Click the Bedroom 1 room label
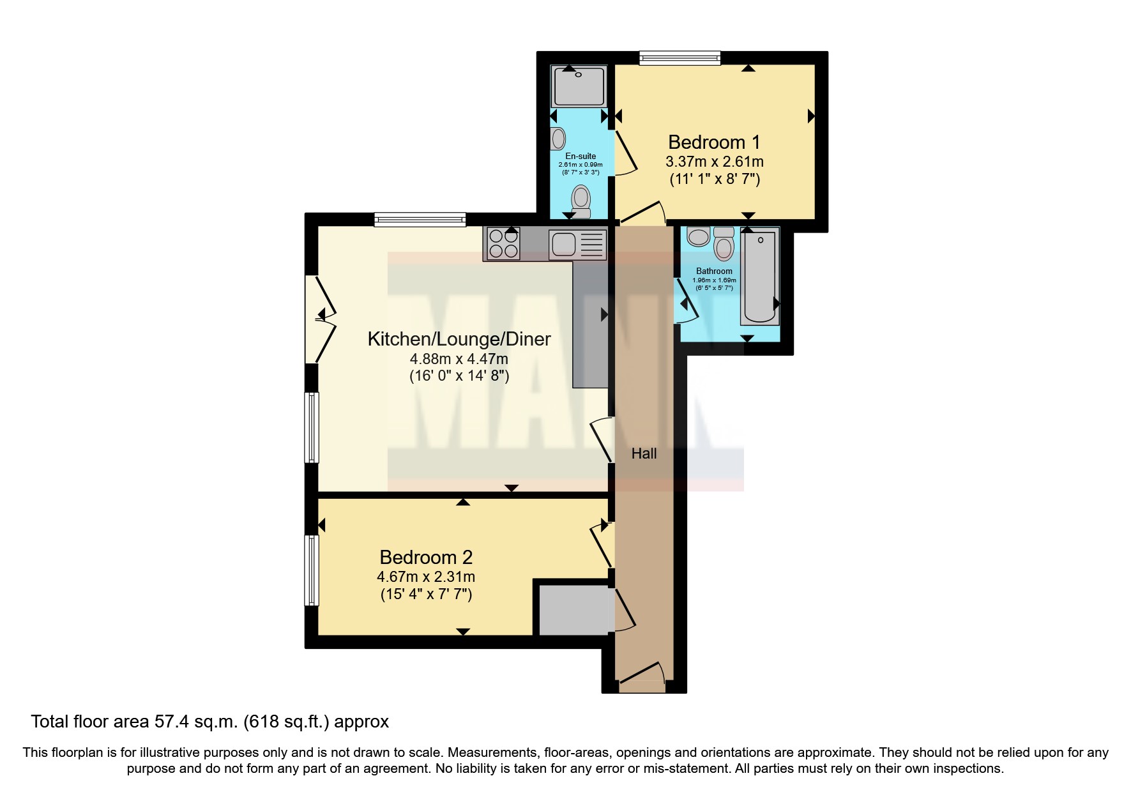point(714,142)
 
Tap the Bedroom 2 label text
point(426,557)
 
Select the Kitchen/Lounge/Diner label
point(459,339)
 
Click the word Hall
point(644,453)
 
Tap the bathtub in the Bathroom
point(759,277)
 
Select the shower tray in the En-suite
point(579,87)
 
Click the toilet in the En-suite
point(581,200)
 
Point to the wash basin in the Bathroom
point(698,236)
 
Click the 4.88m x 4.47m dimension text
point(459,359)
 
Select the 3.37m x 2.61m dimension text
point(714,162)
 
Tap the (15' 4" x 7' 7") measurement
point(426,594)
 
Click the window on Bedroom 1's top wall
point(680,58)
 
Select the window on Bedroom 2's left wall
point(312,570)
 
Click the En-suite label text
point(581,156)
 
